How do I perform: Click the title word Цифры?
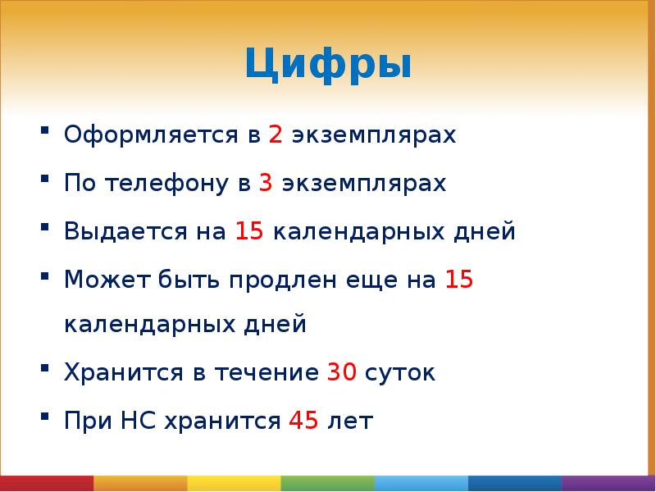pyautogui.click(x=328, y=65)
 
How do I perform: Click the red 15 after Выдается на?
pyautogui.click(x=248, y=231)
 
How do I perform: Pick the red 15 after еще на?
pyautogui.click(x=458, y=279)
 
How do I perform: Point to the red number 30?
pyautogui.click(x=341, y=373)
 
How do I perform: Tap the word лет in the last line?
pyautogui.click(x=350, y=421)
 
